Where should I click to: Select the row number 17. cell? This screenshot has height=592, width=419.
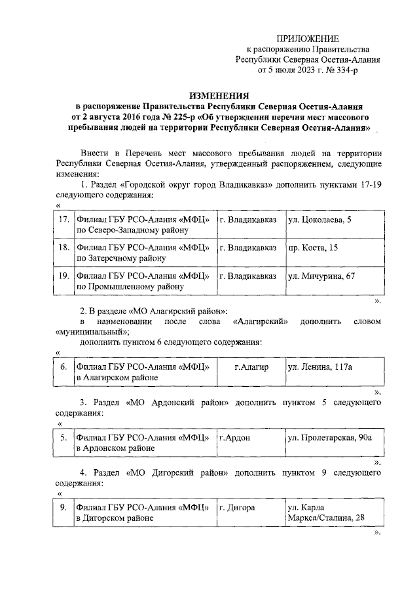pyautogui.click(x=64, y=220)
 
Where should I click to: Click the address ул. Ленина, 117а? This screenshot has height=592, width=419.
pyautogui.click(x=320, y=367)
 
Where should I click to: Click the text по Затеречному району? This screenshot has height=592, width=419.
pyautogui.click(x=121, y=258)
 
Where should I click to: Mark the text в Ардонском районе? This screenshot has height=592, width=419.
pyautogui.click(x=115, y=448)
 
